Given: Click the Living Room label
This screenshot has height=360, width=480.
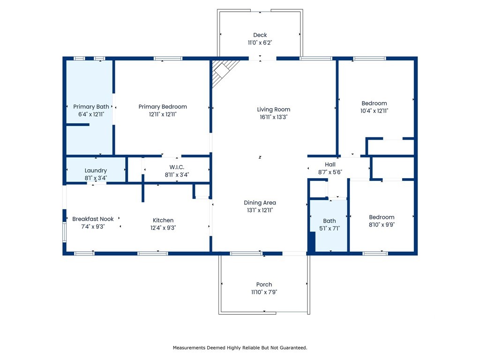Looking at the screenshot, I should coord(273,110).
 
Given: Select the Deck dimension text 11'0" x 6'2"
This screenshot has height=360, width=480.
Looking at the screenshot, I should coord(260,43).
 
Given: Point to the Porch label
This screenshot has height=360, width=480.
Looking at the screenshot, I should coord(264,285).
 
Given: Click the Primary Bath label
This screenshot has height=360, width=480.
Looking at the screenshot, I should coord(91,107).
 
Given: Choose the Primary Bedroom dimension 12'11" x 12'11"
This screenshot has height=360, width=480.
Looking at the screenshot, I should coord(163,114).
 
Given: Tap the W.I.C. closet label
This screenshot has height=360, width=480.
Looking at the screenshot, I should coord(177,167).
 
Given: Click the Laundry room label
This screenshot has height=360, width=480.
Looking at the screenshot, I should coord(96,171).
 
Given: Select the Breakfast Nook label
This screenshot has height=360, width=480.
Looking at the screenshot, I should coord(93,219).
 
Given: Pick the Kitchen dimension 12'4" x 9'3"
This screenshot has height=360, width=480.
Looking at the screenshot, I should coord(163,228).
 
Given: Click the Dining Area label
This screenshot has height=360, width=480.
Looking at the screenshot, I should coord(260,203).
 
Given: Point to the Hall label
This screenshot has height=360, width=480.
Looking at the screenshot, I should coord(330,165).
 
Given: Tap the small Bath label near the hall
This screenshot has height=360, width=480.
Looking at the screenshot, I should coord(330,221).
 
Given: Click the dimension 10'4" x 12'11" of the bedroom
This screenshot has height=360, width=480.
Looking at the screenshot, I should coord(374,111).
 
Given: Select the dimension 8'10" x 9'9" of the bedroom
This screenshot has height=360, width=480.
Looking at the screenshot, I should coord(382,225).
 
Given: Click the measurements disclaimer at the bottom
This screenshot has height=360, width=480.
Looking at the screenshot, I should coord(240,348).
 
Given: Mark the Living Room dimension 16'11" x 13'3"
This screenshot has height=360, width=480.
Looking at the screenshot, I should coord(273,117).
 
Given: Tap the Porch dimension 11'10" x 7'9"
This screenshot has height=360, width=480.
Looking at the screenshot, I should coord(264,292).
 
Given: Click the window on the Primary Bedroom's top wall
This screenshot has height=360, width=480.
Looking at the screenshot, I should coord(168,59).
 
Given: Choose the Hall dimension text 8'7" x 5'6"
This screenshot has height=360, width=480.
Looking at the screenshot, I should coord(330,172).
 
